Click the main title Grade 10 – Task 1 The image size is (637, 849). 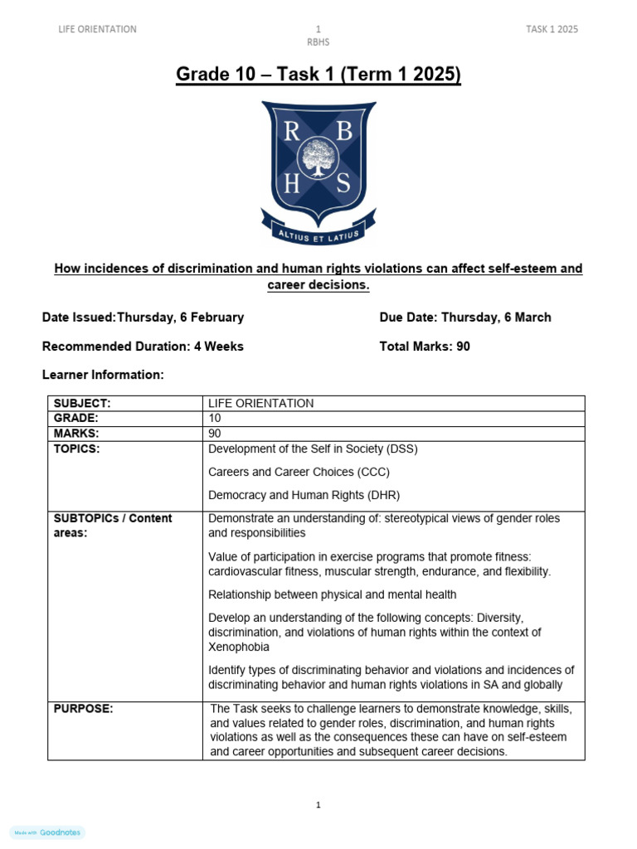coord(318,75)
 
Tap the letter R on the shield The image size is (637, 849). coord(292,132)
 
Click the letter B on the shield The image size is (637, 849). coord(344,131)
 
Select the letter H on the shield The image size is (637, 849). coord(292,185)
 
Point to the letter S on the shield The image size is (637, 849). coord(343,185)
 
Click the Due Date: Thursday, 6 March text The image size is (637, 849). coord(464,318)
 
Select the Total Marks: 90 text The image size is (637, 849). coord(425,347)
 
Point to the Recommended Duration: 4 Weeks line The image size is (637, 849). coord(143,347)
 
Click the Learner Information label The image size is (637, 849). coord(103,375)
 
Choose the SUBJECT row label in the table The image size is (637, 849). coord(82,404)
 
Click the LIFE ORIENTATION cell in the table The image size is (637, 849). coord(260,404)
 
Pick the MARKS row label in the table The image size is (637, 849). coord(76,434)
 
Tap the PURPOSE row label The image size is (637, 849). coord(83,709)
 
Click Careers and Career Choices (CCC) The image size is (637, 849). coord(299,472)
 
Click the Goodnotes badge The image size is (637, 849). coord(48,832)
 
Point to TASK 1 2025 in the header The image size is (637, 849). coord(552,29)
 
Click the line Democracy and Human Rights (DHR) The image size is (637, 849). coord(304,495)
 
